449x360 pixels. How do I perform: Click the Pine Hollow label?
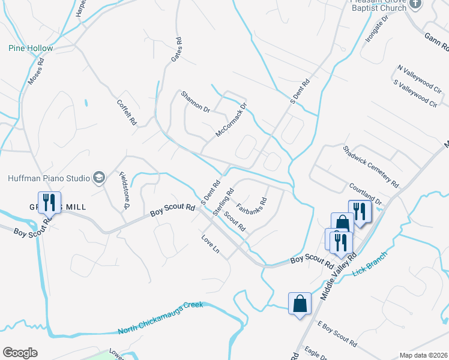click(31, 48)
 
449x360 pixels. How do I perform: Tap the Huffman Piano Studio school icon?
click(99, 178)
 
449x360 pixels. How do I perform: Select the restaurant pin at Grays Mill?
click(48, 202)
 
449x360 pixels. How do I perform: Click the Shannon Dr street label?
click(196, 102)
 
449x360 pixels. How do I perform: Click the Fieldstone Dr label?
click(124, 191)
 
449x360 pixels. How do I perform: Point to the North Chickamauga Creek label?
click(161, 317)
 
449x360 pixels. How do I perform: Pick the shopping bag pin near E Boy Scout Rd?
click(300, 304)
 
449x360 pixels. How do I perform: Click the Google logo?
click(20, 353)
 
